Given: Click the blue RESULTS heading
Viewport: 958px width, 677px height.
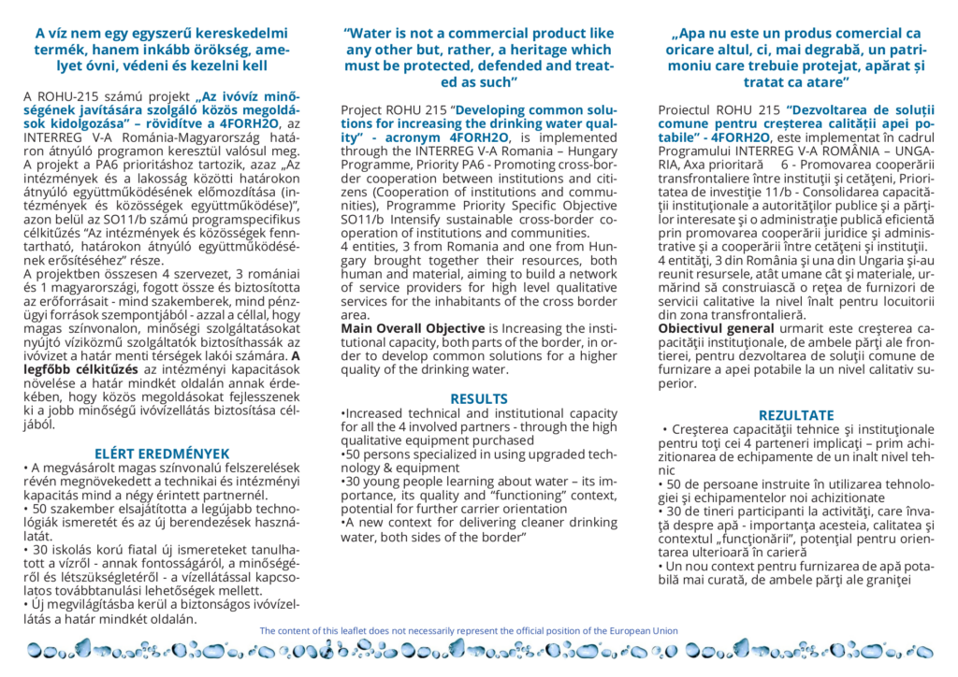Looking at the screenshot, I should coord(479,398).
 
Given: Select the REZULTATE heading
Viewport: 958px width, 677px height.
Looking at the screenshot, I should coord(796,414).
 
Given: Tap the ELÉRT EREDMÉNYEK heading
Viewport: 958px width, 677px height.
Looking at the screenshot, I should coord(163,454).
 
